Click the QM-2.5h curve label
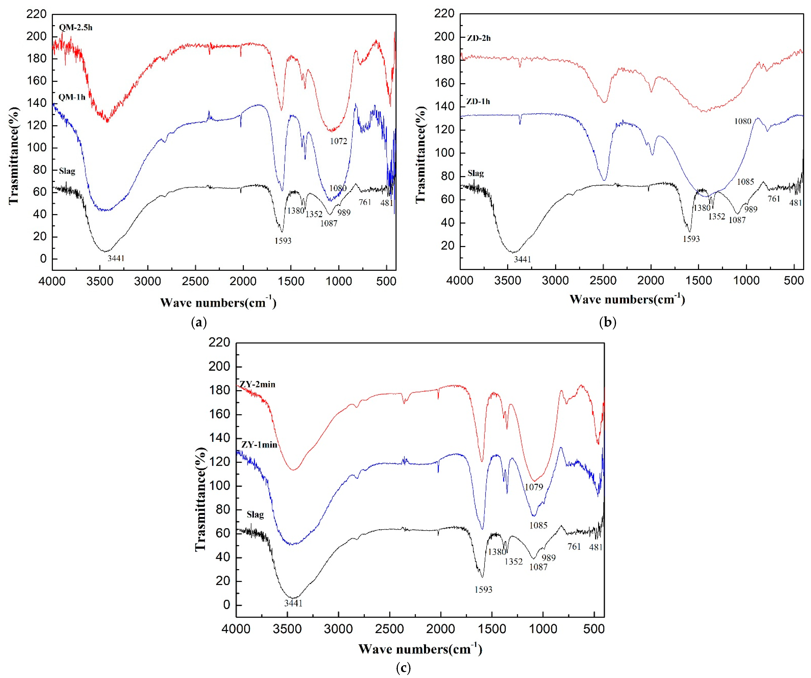click(x=76, y=27)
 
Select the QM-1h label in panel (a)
click(x=72, y=97)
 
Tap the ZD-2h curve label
click(x=478, y=38)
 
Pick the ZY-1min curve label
click(x=259, y=445)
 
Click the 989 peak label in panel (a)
click(x=344, y=212)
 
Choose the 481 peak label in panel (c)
click(x=596, y=547)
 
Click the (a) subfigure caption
click(x=199, y=322)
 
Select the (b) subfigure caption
click(x=607, y=322)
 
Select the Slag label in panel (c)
click(x=255, y=515)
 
